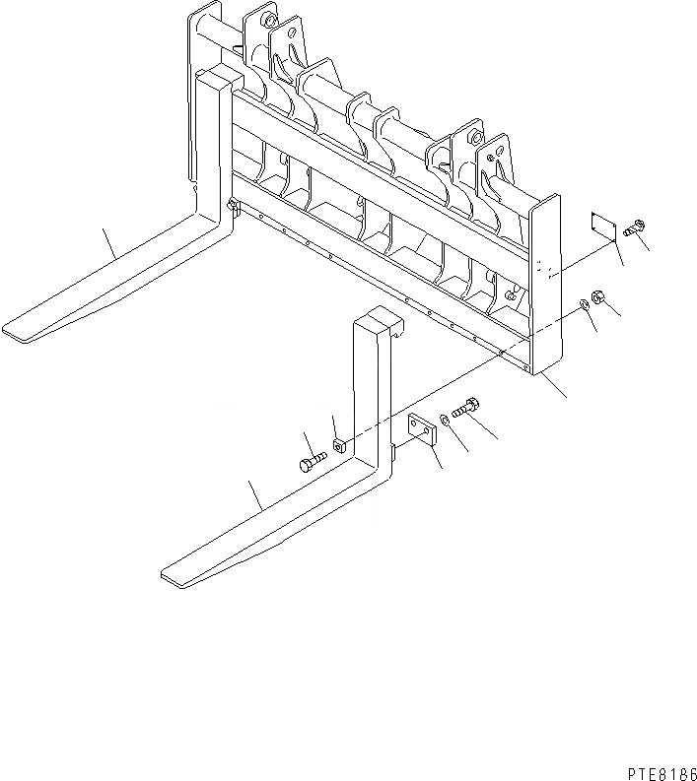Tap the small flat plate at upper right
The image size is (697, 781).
click(x=602, y=225)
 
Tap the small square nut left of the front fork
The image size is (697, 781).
click(x=339, y=444)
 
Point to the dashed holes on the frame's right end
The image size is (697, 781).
click(x=540, y=267)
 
